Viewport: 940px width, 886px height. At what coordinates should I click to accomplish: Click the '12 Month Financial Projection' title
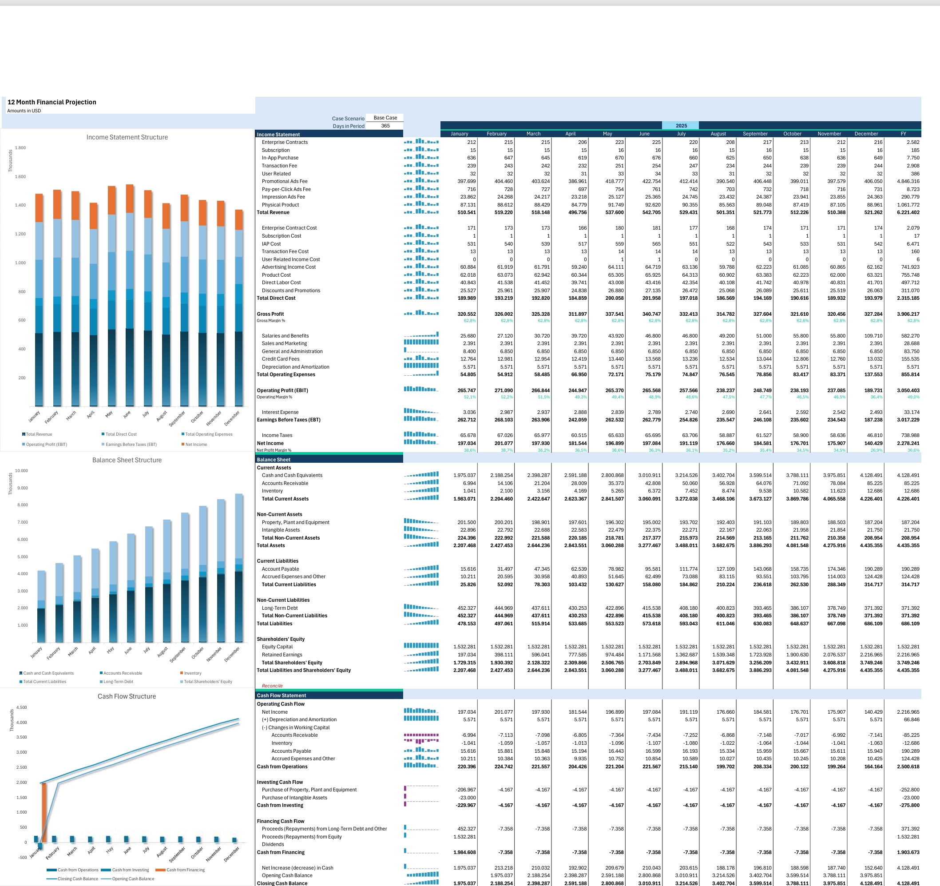click(52, 102)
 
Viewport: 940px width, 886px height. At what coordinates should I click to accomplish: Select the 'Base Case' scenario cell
click(385, 118)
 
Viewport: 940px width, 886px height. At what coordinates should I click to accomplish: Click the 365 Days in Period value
click(385, 126)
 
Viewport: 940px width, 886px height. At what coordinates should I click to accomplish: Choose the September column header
click(755, 134)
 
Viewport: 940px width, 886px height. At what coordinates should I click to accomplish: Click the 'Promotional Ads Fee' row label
click(285, 181)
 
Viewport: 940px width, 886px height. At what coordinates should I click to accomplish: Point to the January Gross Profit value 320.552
click(466, 314)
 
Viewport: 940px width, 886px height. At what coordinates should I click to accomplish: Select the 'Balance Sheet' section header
click(274, 460)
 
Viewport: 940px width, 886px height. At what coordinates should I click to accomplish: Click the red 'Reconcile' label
click(272, 686)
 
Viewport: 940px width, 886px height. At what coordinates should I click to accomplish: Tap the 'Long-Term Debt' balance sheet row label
click(280, 608)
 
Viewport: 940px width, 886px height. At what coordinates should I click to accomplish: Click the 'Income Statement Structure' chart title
click(127, 137)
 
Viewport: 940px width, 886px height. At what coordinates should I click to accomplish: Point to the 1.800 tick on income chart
click(20, 148)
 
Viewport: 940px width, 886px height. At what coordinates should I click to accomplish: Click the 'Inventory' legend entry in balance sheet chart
click(190, 673)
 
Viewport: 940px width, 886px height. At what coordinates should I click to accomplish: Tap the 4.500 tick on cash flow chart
click(21, 707)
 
